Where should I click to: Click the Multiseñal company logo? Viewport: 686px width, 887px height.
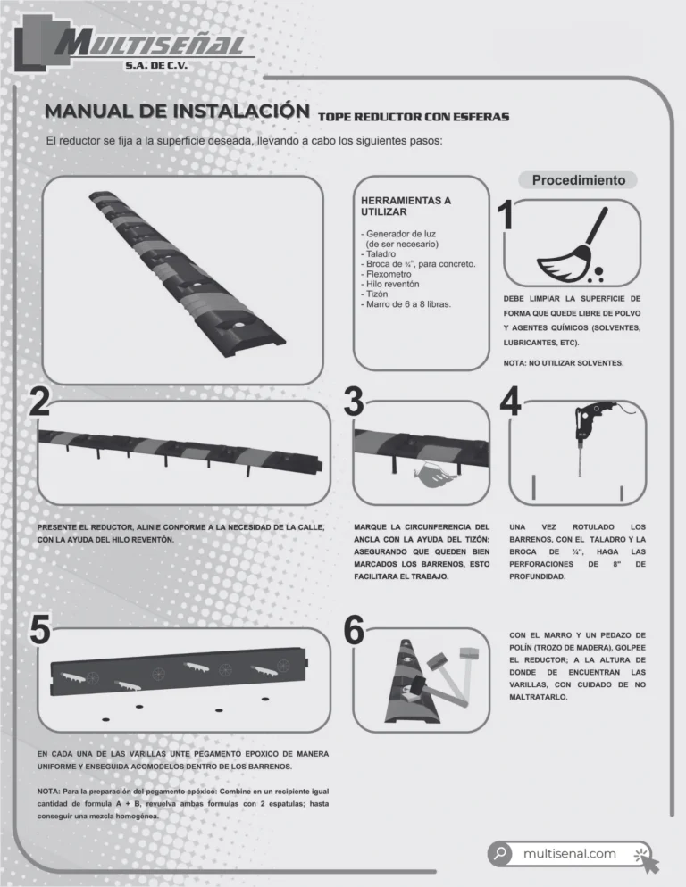tap(133, 43)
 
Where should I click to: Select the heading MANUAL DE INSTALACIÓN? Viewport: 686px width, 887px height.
tap(178, 111)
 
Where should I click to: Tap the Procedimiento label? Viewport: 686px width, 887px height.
tap(579, 180)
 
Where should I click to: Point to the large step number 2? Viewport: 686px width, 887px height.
tap(39, 402)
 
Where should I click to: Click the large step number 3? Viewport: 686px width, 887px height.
tap(354, 402)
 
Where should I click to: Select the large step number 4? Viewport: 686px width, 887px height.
tap(510, 401)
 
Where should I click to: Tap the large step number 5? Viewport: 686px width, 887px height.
tap(40, 629)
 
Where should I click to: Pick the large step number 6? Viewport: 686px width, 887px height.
tap(354, 630)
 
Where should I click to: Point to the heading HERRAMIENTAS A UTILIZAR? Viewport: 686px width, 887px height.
tap(406, 206)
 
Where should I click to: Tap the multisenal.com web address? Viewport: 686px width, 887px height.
tap(569, 854)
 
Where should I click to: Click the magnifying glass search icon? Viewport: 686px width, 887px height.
tap(500, 853)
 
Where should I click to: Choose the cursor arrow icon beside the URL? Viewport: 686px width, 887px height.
tap(647, 859)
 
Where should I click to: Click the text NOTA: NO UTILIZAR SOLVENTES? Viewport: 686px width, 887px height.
tap(564, 363)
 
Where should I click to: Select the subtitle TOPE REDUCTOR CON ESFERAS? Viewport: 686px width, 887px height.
tap(414, 117)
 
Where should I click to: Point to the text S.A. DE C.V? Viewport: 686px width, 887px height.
tap(156, 66)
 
